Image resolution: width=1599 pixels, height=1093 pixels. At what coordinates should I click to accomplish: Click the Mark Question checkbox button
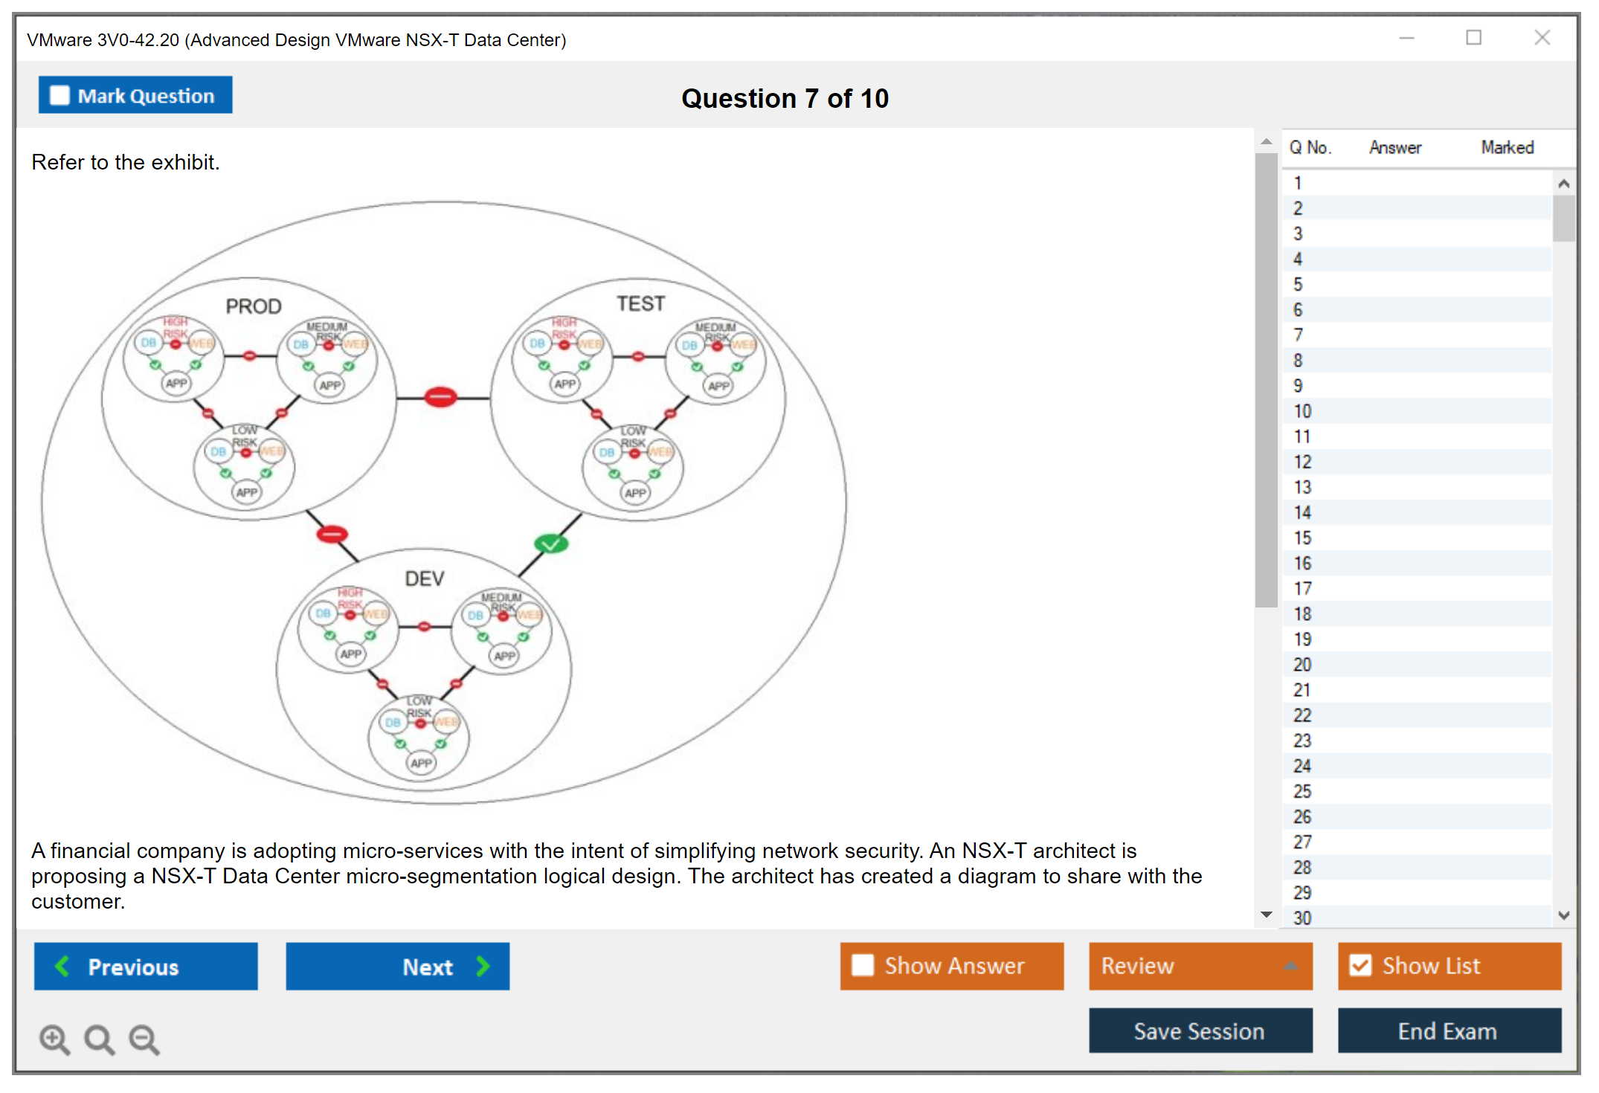[x=135, y=96]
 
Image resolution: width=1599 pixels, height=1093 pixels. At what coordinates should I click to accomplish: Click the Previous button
[x=146, y=966]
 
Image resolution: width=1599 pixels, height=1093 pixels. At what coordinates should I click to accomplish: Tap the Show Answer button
[x=951, y=966]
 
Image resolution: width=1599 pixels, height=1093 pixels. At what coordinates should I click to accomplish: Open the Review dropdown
[x=1200, y=966]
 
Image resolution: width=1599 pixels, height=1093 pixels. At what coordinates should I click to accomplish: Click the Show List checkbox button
[x=1449, y=966]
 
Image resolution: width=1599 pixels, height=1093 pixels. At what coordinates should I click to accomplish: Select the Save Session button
[x=1200, y=1031]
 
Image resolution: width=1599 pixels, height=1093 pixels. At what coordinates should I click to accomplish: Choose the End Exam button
[x=1449, y=1031]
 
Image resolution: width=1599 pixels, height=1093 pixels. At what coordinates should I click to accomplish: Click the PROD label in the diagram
[x=254, y=306]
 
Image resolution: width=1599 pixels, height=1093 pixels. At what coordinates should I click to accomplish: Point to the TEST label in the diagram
[x=640, y=303]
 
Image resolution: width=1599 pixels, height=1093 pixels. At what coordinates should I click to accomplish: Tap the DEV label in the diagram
[x=425, y=578]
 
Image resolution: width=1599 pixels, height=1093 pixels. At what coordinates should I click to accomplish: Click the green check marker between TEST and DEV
[x=551, y=544]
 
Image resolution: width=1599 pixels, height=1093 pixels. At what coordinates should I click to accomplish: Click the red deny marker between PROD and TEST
[x=440, y=397]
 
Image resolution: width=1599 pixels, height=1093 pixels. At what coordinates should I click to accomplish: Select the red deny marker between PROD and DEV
[x=332, y=534]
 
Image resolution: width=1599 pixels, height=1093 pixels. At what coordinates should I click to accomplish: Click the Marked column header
[x=1507, y=147]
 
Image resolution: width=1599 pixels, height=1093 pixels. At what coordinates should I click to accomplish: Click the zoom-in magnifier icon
[x=54, y=1039]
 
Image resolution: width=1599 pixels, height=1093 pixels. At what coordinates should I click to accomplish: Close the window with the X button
[x=1542, y=38]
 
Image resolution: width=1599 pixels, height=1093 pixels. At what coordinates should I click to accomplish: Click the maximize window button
[x=1473, y=38]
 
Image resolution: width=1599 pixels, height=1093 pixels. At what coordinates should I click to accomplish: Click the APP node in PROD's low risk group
[x=247, y=492]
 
